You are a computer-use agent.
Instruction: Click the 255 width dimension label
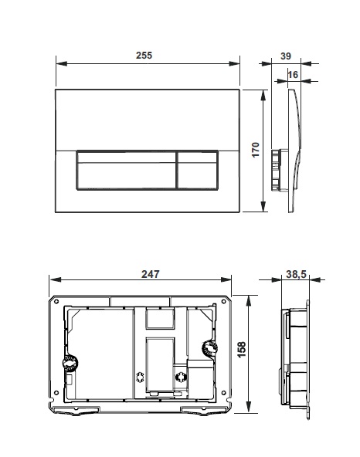[x=144, y=55]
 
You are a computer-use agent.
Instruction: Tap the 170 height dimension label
[x=255, y=150]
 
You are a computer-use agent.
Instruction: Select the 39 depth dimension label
[x=286, y=56]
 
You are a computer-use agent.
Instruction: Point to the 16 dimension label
[x=293, y=75]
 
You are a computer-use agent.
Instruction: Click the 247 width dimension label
[x=150, y=274]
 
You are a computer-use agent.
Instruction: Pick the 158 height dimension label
[x=242, y=350]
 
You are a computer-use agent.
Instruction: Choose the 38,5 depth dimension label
[x=296, y=274]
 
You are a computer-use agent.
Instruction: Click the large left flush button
[x=127, y=170]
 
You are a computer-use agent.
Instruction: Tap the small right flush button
[x=197, y=170]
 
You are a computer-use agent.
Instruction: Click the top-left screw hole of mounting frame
[x=56, y=301]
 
